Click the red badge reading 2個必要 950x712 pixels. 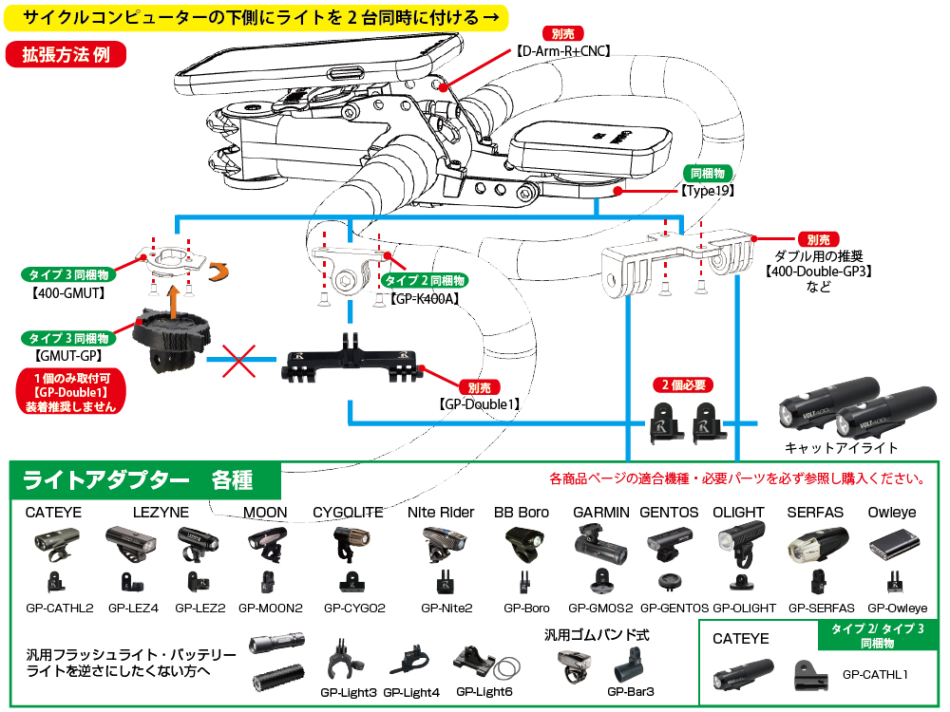coord(683,385)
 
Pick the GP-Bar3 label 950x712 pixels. coord(631,692)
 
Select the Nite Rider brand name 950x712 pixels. coord(440,512)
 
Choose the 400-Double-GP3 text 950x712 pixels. coord(818,271)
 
